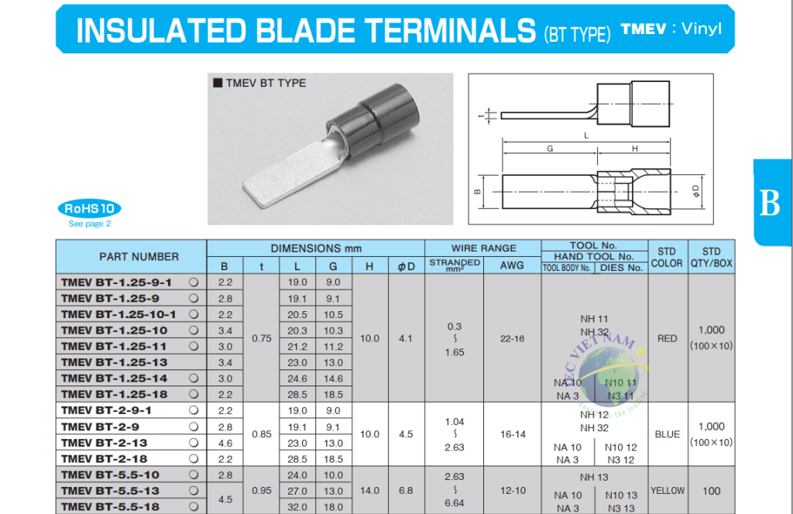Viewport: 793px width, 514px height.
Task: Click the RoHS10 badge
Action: click(x=89, y=208)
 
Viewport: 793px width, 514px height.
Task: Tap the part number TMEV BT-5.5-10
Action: click(x=110, y=475)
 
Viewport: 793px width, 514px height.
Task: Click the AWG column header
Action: click(x=512, y=266)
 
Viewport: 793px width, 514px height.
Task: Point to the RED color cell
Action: click(x=667, y=338)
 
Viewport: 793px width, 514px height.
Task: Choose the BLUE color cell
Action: click(x=667, y=434)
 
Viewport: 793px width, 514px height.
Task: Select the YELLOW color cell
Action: click(x=667, y=490)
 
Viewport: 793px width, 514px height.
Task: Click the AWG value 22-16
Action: click(x=512, y=338)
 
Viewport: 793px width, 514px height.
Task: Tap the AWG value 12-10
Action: click(x=512, y=490)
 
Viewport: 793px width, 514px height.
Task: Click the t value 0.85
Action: click(x=262, y=434)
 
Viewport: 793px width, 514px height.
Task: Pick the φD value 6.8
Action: click(x=406, y=490)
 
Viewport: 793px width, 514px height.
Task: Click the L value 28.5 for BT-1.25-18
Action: click(x=297, y=395)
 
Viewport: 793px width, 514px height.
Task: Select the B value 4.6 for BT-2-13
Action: click(x=225, y=443)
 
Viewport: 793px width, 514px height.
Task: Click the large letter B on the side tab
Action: click(x=770, y=203)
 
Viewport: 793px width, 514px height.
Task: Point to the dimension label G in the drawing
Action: click(x=549, y=148)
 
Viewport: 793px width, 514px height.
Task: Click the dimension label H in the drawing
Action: click(x=634, y=148)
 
